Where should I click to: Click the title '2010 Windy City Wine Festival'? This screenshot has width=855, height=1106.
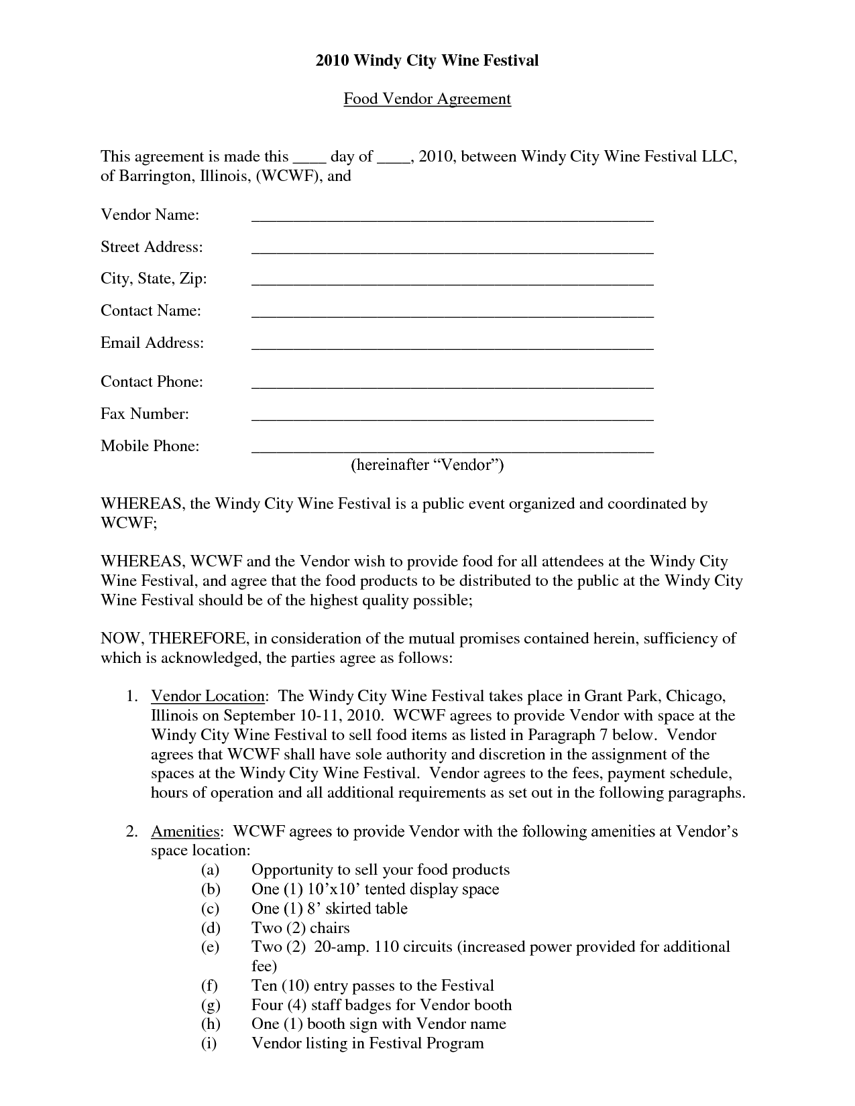click(x=427, y=61)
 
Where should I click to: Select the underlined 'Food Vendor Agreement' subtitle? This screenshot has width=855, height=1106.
click(x=427, y=99)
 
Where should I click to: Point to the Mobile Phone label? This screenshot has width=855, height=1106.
click(x=150, y=446)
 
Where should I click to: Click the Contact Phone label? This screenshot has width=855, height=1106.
click(x=152, y=382)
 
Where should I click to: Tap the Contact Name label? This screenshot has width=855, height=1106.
click(x=151, y=311)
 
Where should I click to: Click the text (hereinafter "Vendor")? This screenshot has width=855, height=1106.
click(x=427, y=465)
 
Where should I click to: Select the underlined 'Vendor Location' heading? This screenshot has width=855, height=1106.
click(x=208, y=696)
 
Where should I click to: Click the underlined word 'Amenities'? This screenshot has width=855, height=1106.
click(x=185, y=832)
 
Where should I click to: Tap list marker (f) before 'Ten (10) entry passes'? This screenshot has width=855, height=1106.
click(x=209, y=986)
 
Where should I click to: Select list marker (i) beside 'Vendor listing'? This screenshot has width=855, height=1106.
click(x=209, y=1044)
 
